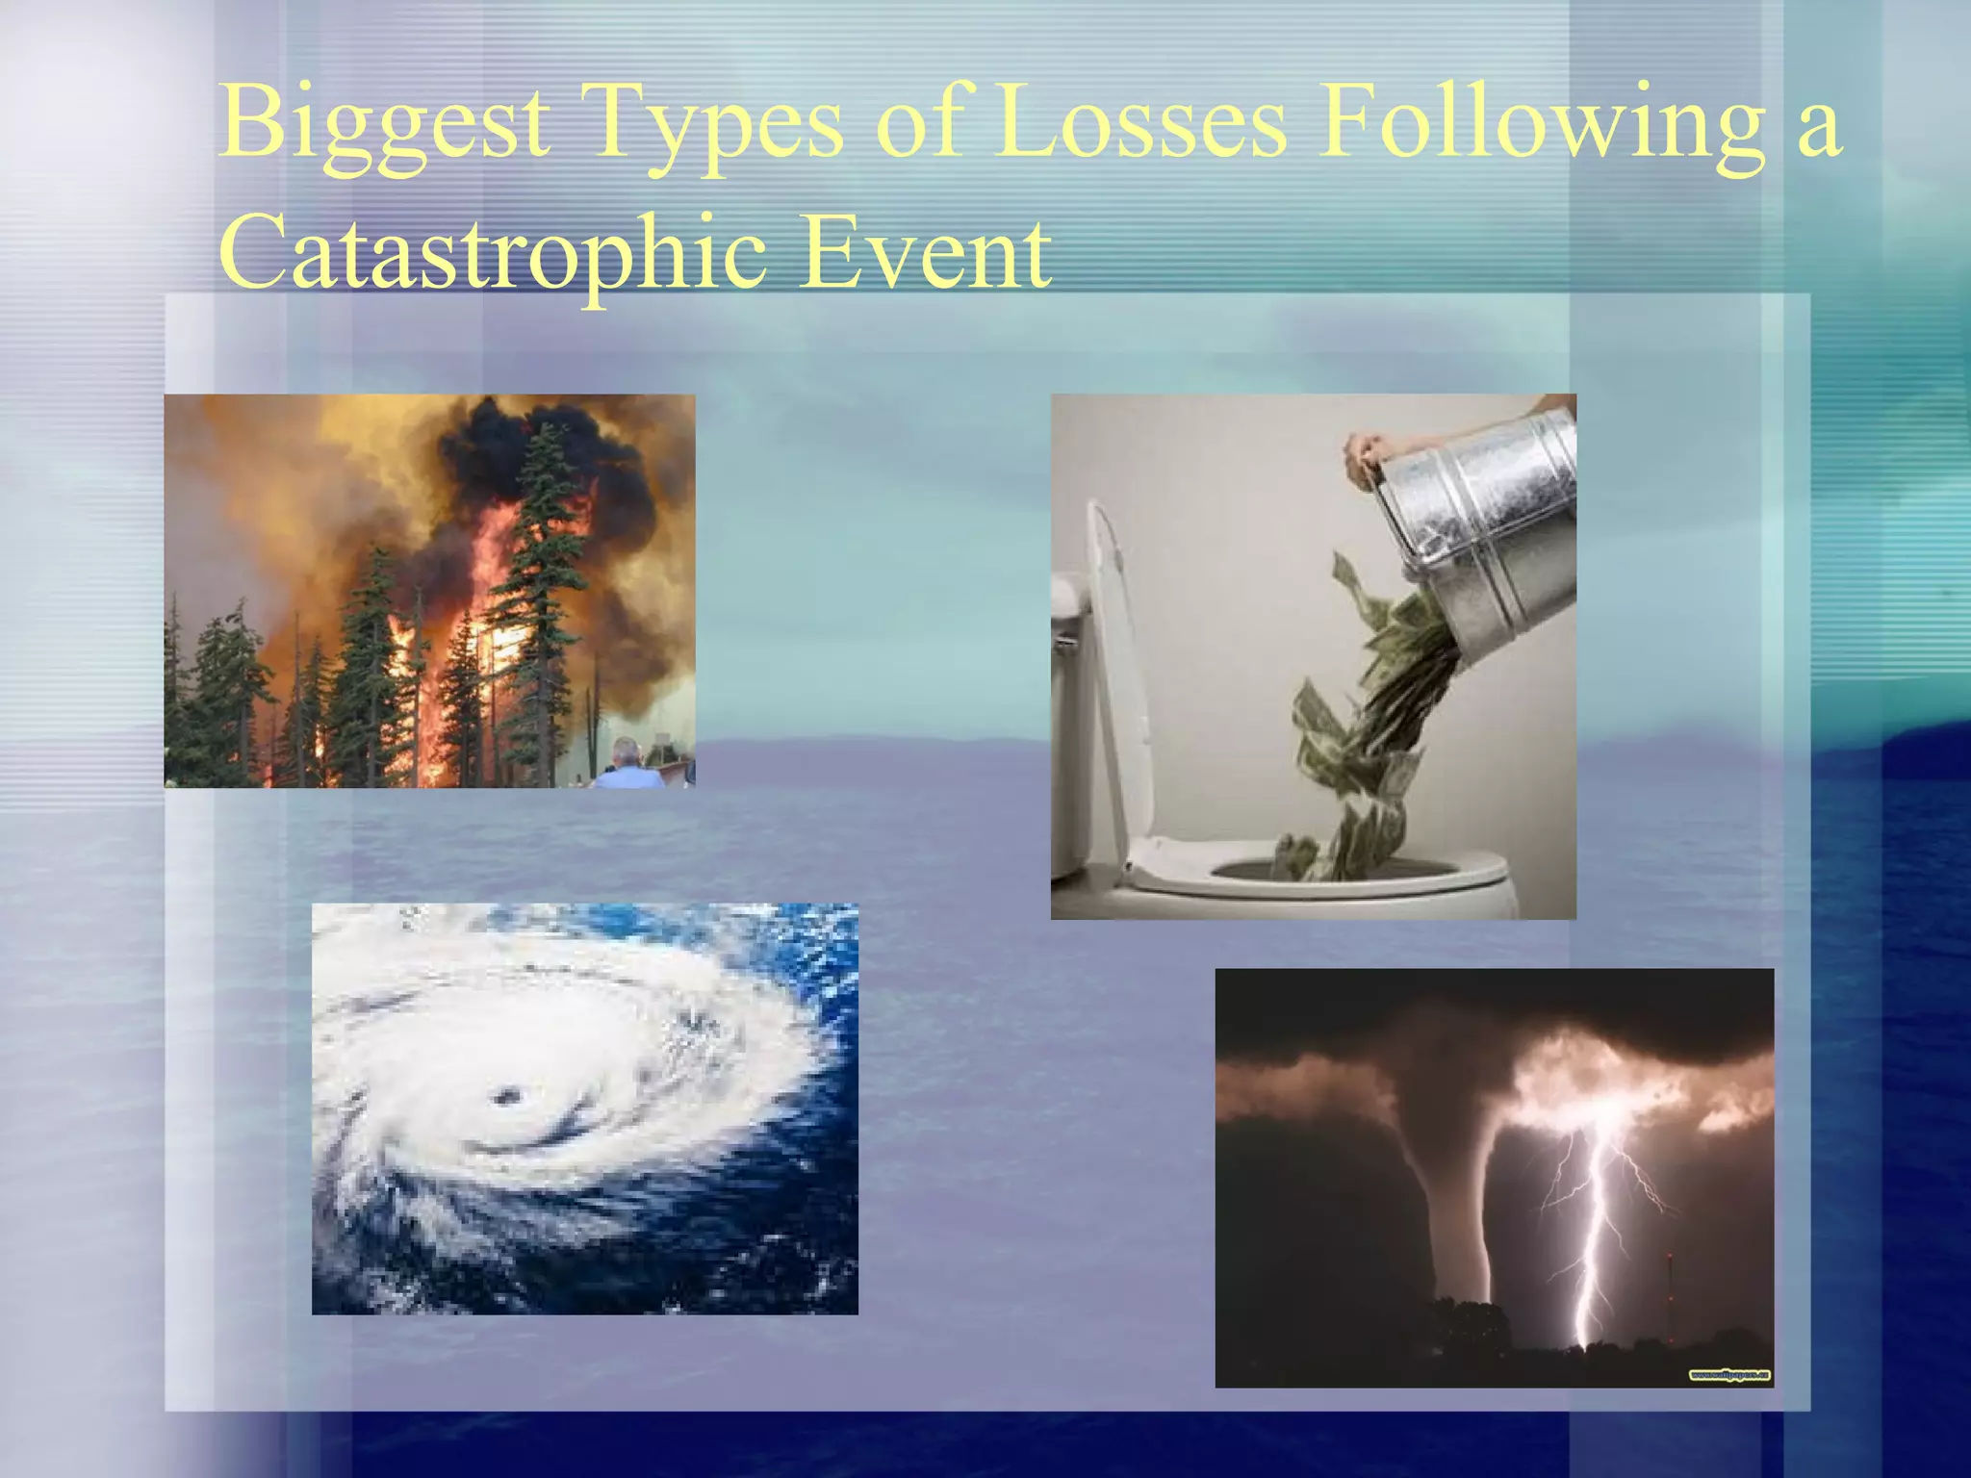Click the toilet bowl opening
[1347, 869]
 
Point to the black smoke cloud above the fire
[539, 462]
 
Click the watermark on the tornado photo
[1729, 1375]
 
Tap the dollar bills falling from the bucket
[1367, 731]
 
